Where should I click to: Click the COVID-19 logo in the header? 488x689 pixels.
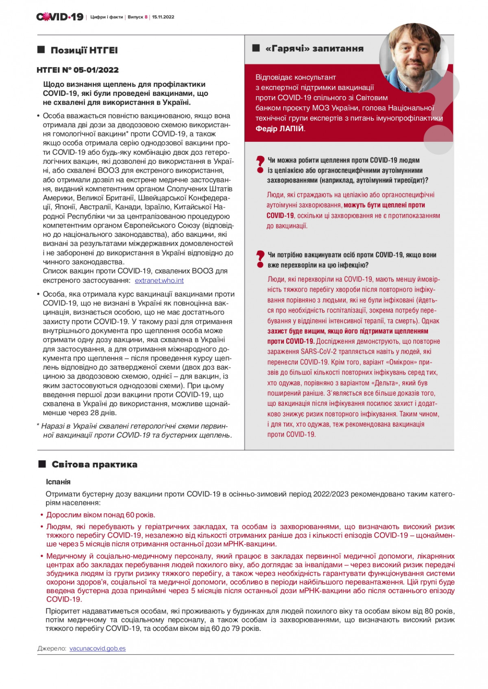pyautogui.click(x=60, y=17)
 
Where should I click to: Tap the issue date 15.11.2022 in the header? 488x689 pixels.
pyautogui.click(x=163, y=17)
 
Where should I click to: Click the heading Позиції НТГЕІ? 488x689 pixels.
pyautogui.click(x=84, y=50)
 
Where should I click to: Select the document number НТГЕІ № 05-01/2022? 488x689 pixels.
pyautogui.click(x=78, y=70)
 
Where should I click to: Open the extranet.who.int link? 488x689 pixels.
pyautogui.click(x=159, y=280)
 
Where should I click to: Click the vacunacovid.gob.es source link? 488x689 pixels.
pyautogui.click(x=98, y=648)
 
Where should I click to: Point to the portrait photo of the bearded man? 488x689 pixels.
pyautogui.click(x=414, y=57)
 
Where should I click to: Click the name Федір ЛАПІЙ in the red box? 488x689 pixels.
pyautogui.click(x=280, y=129)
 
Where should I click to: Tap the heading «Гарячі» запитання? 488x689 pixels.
pyautogui.click(x=314, y=48)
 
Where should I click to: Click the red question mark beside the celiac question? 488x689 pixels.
pyautogui.click(x=259, y=163)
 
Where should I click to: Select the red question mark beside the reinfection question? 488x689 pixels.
pyautogui.click(x=259, y=258)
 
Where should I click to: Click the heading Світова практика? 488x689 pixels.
pyautogui.click(x=94, y=464)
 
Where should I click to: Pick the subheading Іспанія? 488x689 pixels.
pyautogui.click(x=58, y=482)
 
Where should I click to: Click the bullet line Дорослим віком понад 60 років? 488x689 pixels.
pyautogui.click(x=100, y=515)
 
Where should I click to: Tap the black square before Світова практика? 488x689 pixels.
pyautogui.click(x=42, y=464)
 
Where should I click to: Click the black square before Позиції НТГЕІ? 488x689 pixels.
pyautogui.click(x=41, y=50)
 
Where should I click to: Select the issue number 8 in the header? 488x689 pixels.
pyautogui.click(x=146, y=17)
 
